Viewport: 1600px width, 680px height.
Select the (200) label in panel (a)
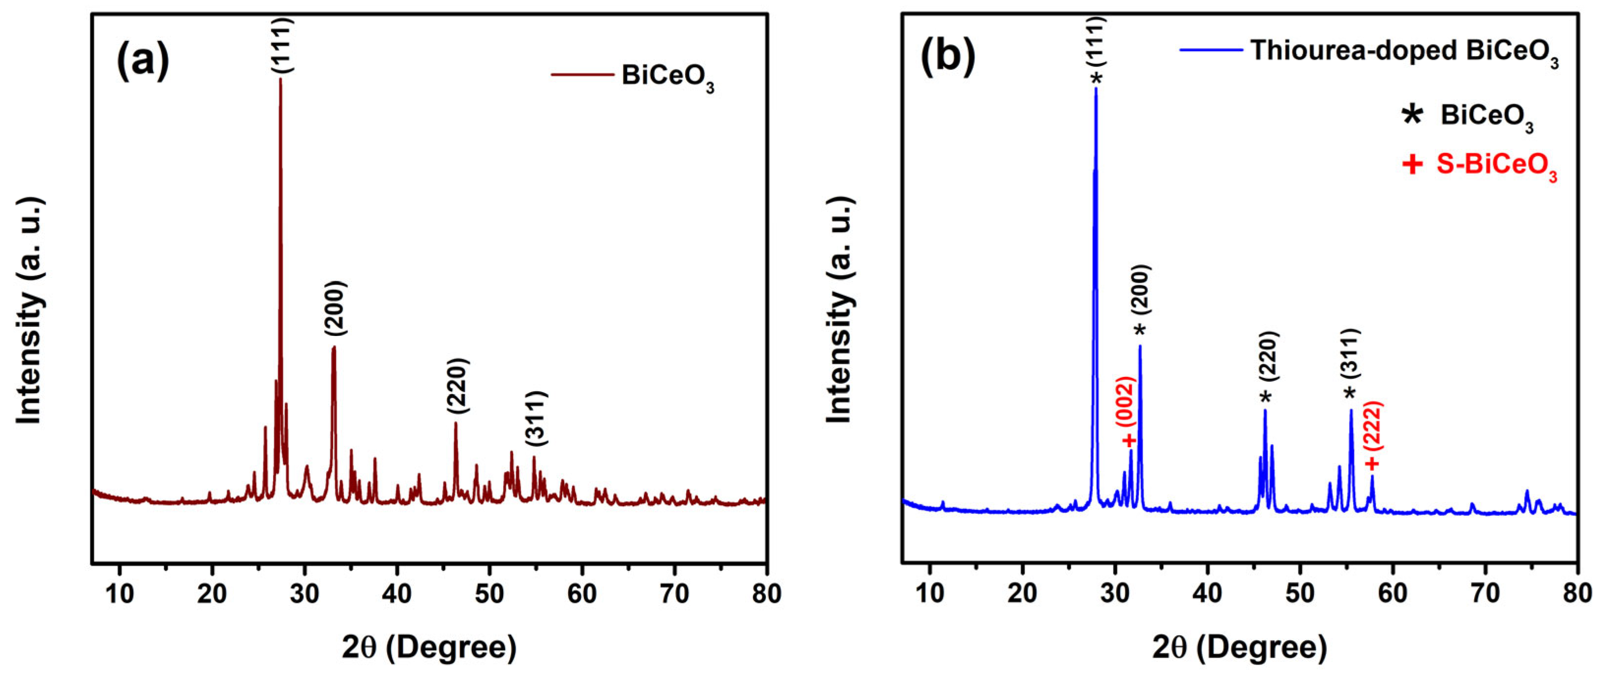click(335, 309)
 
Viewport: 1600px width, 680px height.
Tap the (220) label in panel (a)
click(458, 386)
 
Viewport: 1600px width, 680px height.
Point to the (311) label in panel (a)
click(536, 418)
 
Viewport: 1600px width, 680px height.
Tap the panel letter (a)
click(142, 61)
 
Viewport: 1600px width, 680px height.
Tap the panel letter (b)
click(948, 57)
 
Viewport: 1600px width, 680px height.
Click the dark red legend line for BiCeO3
click(582, 75)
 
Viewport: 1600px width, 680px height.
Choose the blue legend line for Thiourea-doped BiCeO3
click(1210, 50)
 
